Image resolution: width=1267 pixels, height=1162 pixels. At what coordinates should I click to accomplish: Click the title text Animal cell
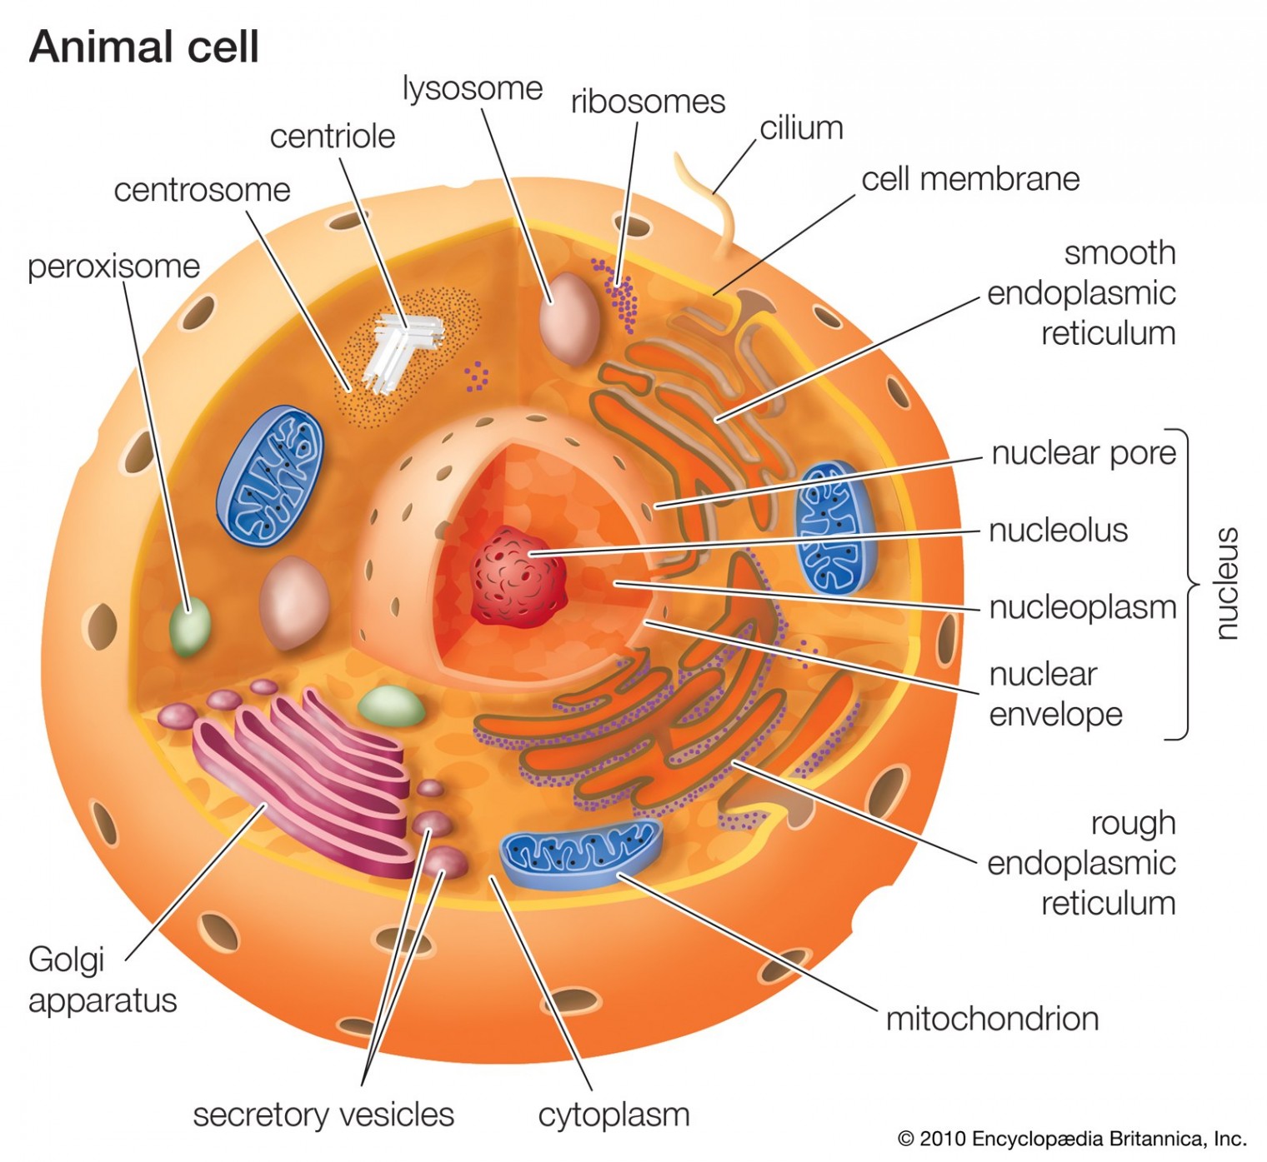pos(143,47)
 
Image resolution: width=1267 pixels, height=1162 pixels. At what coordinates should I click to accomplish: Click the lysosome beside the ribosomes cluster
pos(569,320)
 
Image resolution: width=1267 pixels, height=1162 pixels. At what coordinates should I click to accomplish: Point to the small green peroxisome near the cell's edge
pos(190,626)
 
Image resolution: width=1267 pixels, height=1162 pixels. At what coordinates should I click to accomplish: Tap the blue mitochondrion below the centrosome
pos(270,476)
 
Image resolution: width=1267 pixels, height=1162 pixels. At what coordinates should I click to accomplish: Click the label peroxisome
pos(113,267)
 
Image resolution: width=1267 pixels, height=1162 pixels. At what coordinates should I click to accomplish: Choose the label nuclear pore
pos(1083,454)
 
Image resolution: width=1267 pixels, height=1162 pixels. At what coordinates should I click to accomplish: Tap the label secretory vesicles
pos(323,1115)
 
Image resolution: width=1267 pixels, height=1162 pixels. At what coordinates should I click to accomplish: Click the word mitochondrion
pos(992,1019)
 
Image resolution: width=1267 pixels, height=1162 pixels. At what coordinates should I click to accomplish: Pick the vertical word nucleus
pos(1226,583)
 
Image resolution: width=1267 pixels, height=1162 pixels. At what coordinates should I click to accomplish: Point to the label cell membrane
pos(970,179)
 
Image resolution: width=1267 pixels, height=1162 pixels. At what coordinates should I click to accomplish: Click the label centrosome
pos(202,190)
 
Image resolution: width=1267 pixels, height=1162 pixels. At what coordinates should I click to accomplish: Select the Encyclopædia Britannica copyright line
pos(1072,1139)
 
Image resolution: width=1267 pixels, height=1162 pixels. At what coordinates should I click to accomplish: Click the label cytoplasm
pos(613,1115)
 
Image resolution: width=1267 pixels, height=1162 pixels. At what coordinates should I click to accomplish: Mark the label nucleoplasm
pos(1082,608)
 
